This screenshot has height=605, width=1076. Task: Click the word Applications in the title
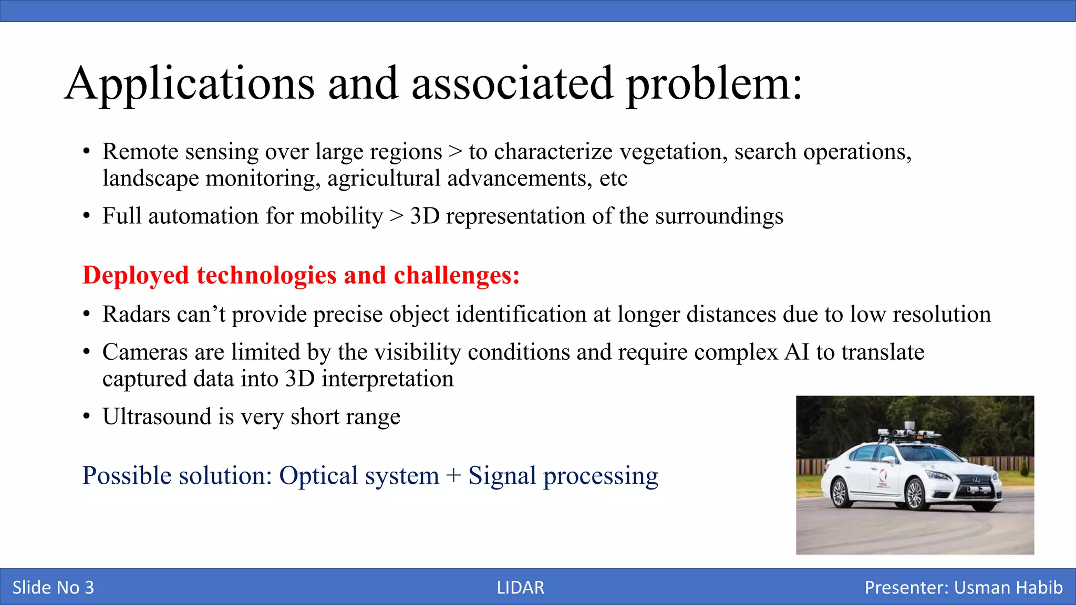190,84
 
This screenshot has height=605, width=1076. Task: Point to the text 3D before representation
424,216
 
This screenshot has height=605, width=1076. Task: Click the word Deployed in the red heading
136,275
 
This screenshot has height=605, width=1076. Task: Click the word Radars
136,314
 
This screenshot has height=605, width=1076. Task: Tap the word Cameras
144,352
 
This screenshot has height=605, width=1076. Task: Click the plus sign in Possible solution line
453,476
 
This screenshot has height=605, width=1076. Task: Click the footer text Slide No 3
53,587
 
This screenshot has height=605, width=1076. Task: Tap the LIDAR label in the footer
520,587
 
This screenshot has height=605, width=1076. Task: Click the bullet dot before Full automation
86,216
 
